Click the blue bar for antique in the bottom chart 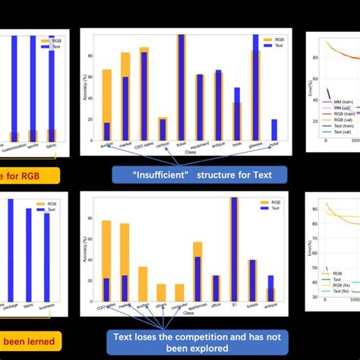pyautogui.click(x=271, y=289)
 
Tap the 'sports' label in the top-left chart pyautogui.click(x=33, y=143)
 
